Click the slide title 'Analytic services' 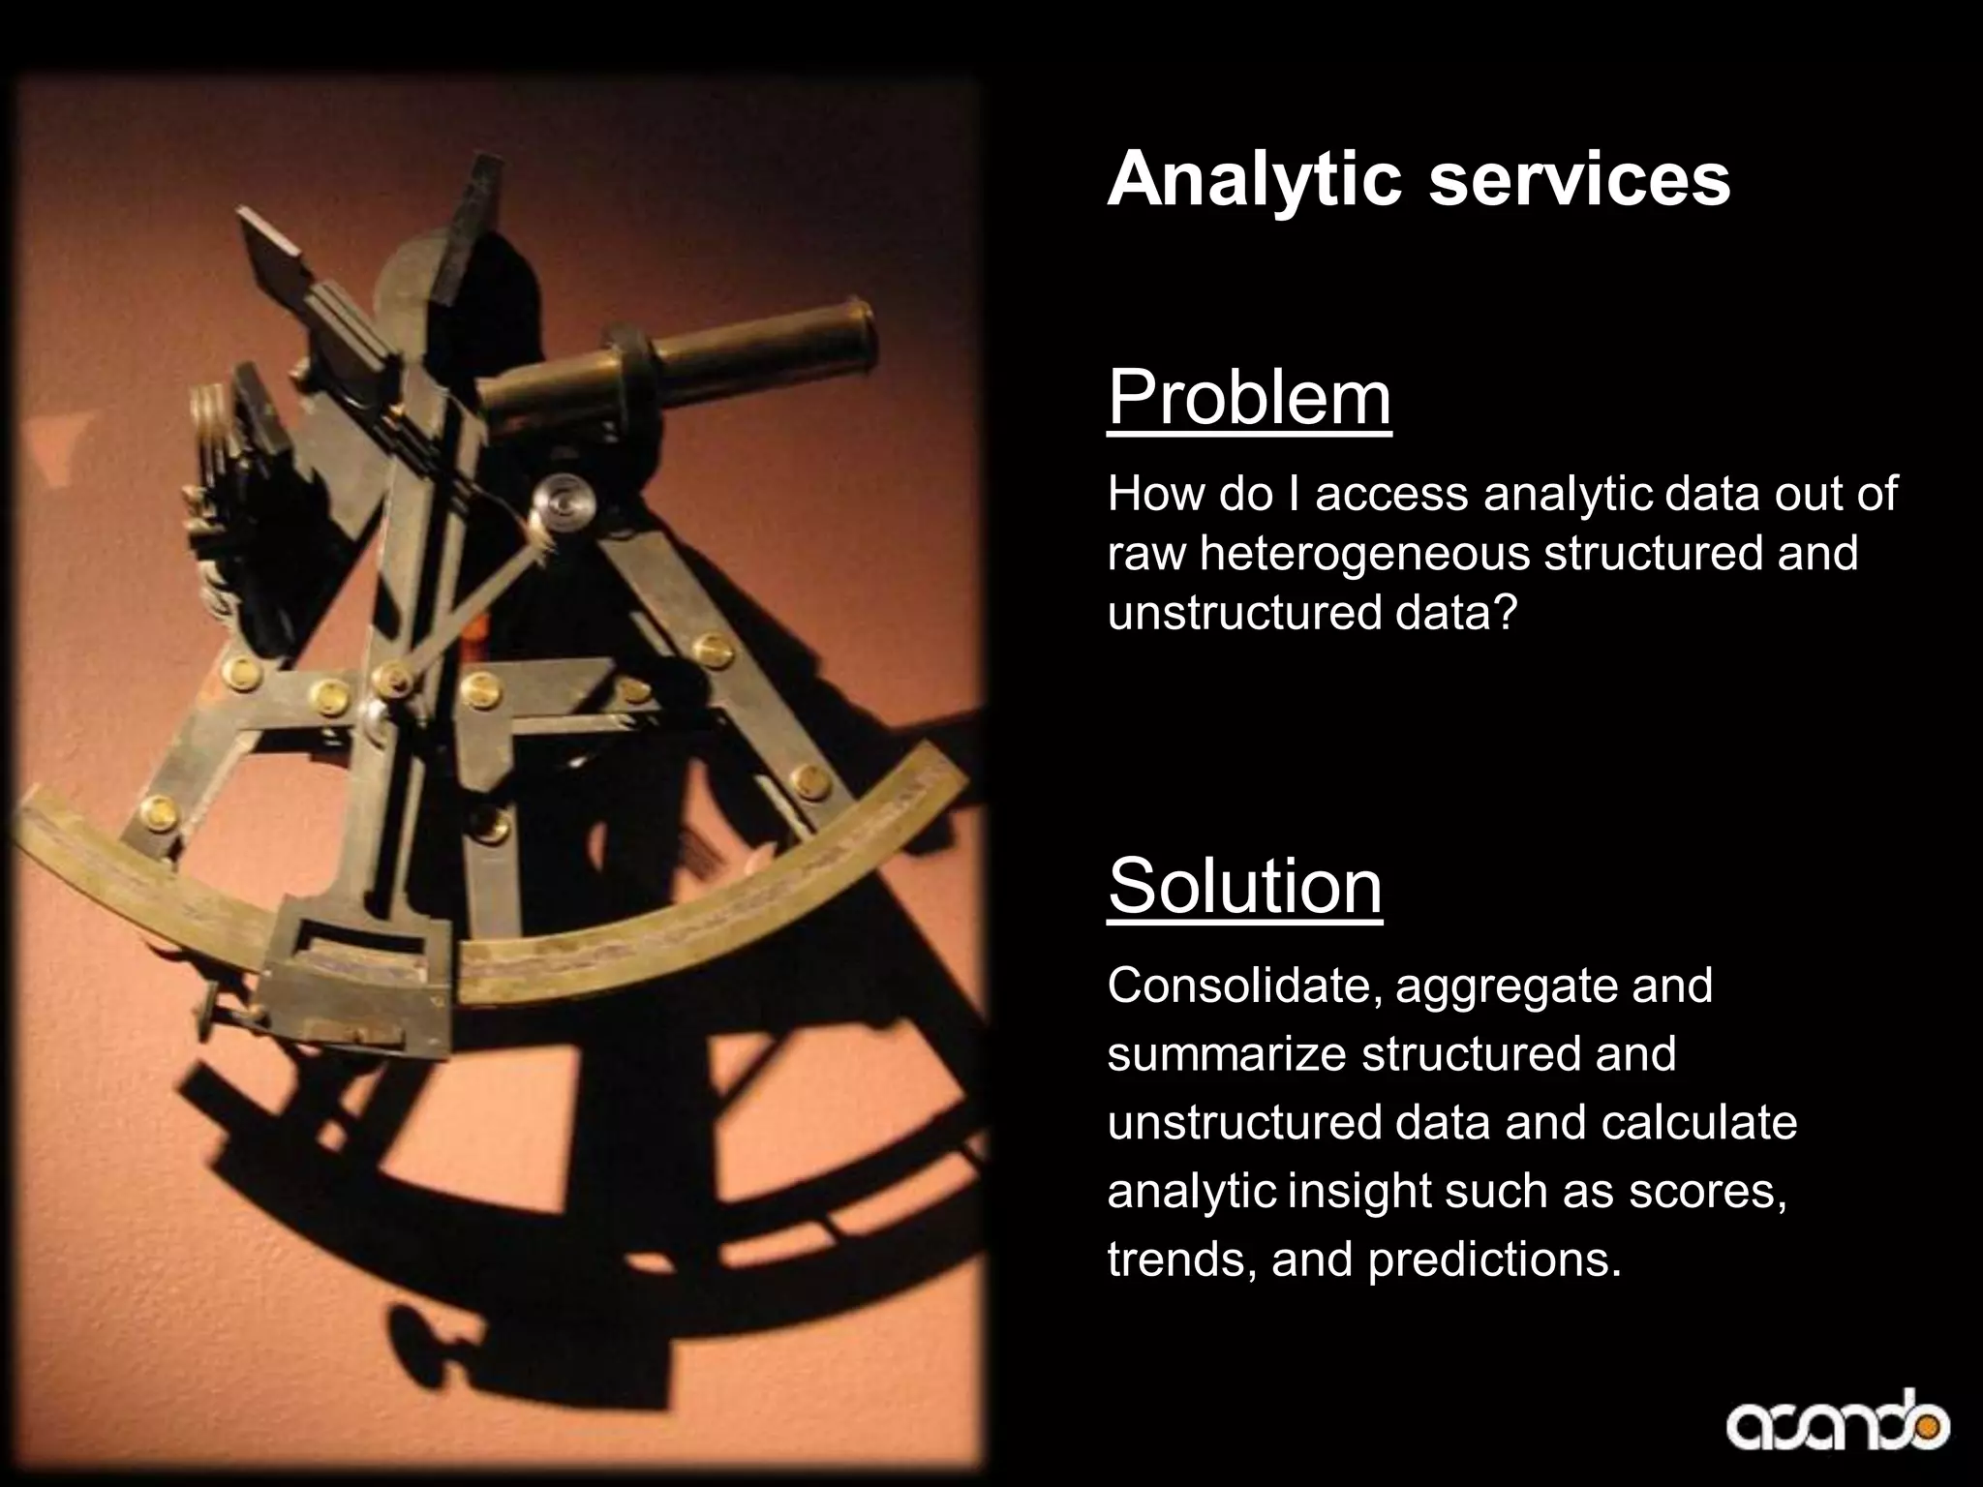click(1419, 180)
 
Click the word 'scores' click(1705, 1192)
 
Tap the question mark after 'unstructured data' click(1500, 615)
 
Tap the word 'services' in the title click(1579, 180)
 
